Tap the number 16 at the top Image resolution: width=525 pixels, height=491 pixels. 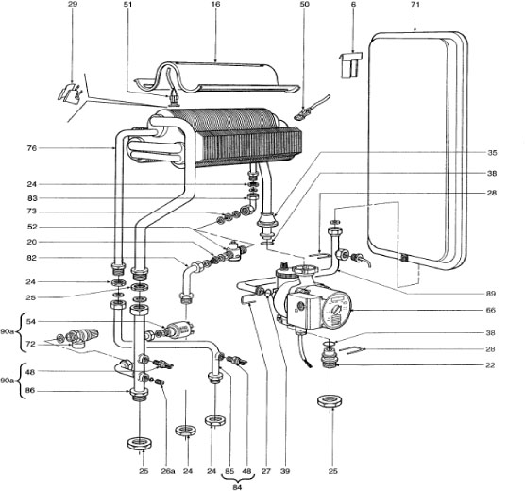pyautogui.click(x=214, y=6)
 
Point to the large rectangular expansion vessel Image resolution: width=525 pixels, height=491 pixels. pyautogui.click(x=415, y=142)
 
